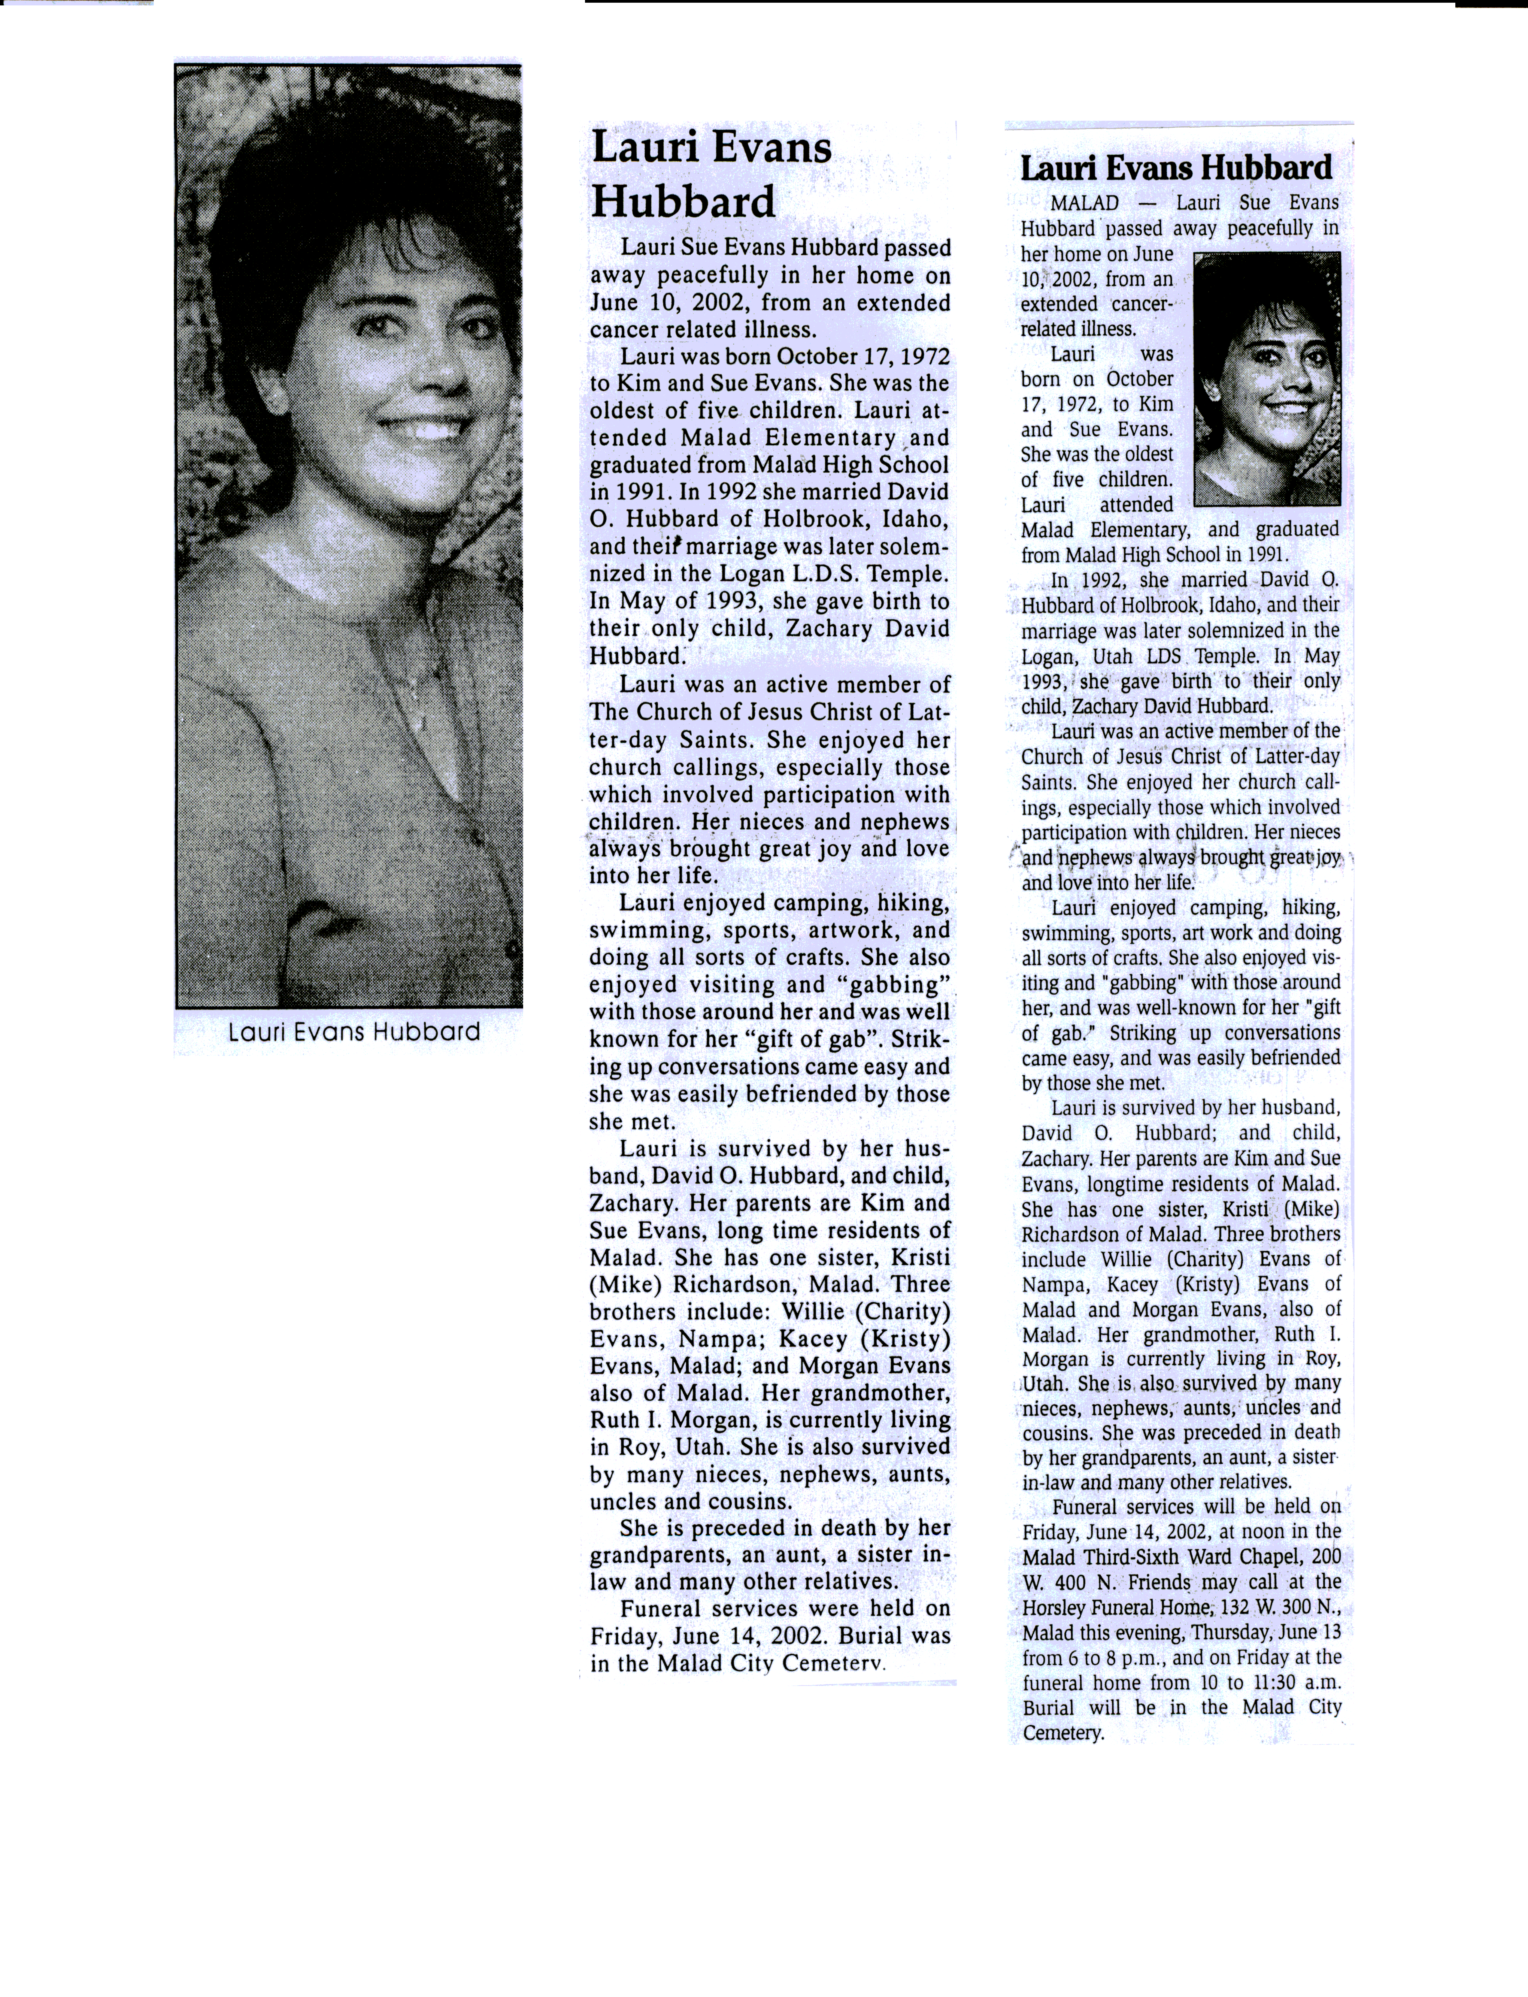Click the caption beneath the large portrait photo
click(354, 1032)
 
